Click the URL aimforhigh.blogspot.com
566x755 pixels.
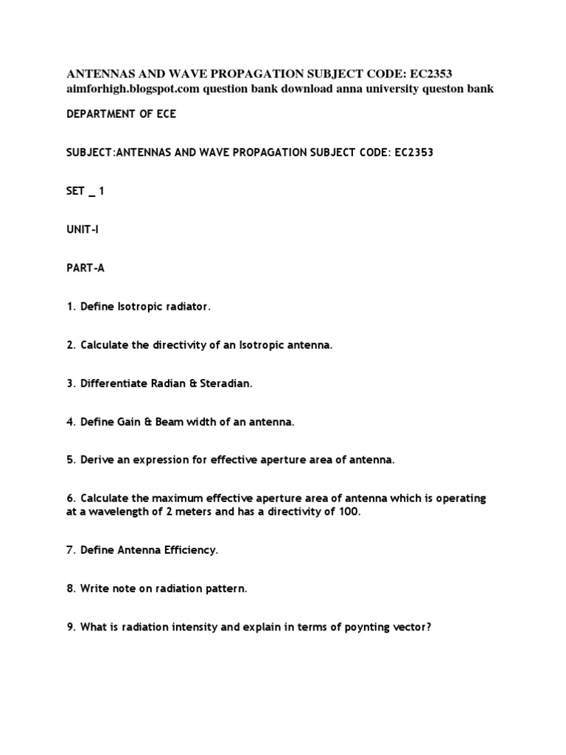(x=133, y=89)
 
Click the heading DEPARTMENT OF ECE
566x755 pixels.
(x=122, y=114)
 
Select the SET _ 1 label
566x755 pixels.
(x=85, y=191)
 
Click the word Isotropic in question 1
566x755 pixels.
(x=142, y=306)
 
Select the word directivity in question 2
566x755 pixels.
(x=189, y=345)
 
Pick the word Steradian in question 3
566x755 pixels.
(x=226, y=383)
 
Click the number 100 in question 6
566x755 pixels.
(x=349, y=512)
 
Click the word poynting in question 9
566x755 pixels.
(x=353, y=627)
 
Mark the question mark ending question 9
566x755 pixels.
(x=426, y=627)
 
